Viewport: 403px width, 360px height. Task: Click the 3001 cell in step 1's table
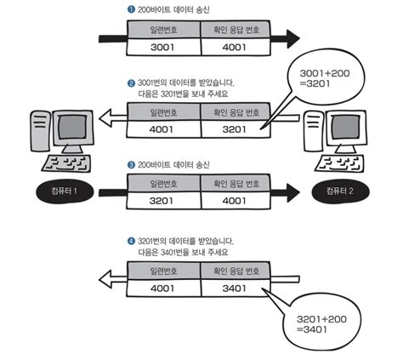163,47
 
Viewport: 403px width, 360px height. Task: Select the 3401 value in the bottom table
236,290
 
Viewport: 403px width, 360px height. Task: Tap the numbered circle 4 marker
131,242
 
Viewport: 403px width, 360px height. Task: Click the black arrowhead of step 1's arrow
292,39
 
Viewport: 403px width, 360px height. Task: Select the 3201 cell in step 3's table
163,202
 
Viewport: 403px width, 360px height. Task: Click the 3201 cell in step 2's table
236,129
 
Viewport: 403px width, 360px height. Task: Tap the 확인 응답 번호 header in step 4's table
236,272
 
